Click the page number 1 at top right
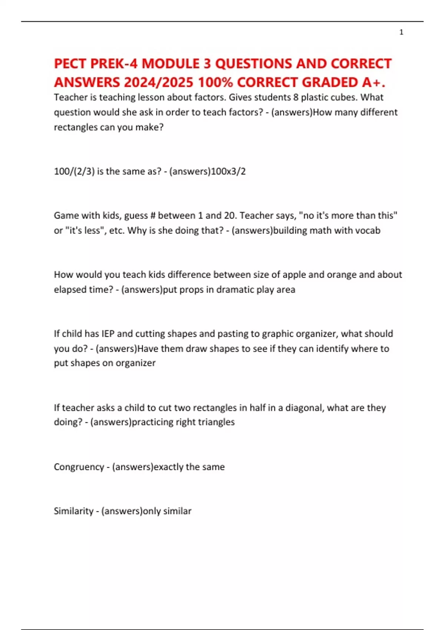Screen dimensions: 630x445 coord(401,32)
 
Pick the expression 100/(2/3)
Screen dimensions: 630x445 coord(74,171)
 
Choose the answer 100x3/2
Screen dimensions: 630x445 coord(228,171)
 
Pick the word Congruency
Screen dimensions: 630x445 coord(79,467)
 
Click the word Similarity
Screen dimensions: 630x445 coord(73,511)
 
